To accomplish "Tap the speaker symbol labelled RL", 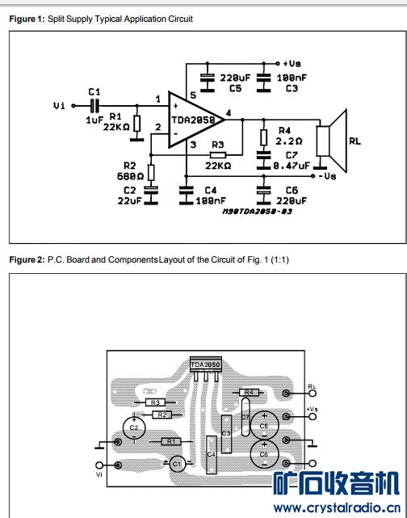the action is (332, 141).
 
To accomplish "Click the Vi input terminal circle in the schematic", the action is (73, 106).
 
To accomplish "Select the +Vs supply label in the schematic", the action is (292, 63).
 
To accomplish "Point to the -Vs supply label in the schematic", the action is (327, 176).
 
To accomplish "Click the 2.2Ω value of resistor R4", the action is (289, 141).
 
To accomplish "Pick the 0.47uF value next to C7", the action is (292, 166).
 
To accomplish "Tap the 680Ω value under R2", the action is (130, 176).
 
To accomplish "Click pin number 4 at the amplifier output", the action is (229, 113).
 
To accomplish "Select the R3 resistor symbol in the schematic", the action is (218, 154).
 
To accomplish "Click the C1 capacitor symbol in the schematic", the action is (94, 106).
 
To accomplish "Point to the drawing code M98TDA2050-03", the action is (257, 212).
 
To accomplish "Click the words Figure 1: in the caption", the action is (27, 19).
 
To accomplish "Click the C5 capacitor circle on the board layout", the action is (264, 426).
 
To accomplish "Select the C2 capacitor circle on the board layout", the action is (134, 427).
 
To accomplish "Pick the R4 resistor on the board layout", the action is (249, 392).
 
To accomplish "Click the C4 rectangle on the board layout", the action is (212, 455).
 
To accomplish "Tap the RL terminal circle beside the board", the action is (313, 393).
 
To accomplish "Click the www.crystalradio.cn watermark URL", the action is (337, 507).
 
